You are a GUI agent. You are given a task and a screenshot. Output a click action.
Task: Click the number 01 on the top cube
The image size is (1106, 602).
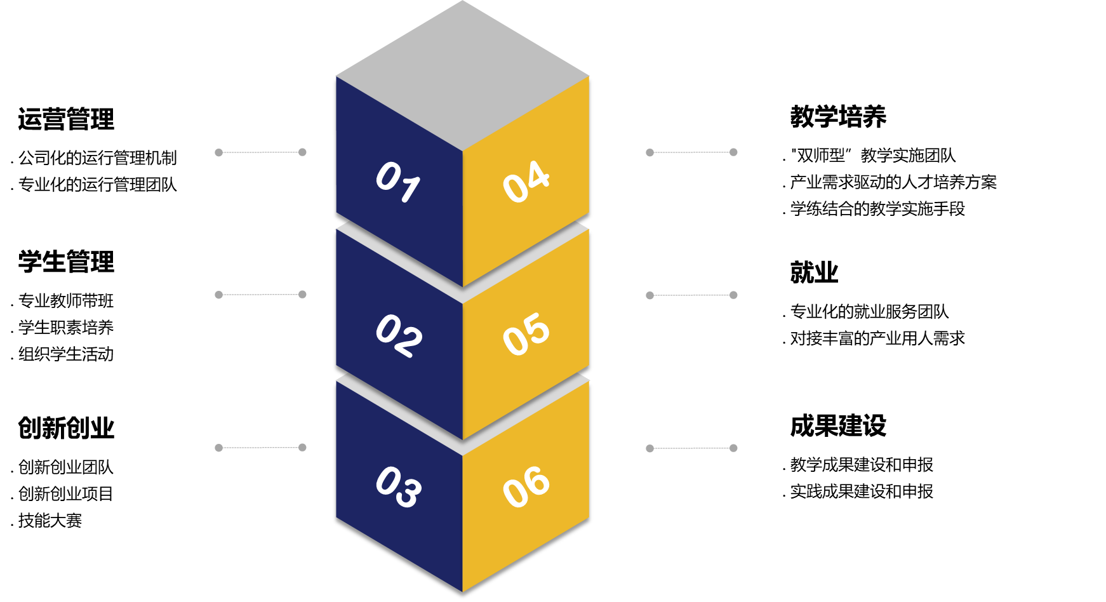pos(397,182)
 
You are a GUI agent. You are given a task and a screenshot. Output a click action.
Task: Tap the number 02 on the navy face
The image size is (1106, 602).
pos(398,336)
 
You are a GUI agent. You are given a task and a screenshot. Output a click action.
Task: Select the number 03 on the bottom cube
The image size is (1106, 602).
pos(398,487)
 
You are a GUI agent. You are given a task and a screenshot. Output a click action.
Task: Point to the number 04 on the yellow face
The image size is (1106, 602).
pos(526,182)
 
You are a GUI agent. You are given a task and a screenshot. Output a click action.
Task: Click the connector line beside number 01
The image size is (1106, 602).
pos(260,152)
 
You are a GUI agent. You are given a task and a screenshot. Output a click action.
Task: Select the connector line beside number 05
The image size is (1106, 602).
pos(691,295)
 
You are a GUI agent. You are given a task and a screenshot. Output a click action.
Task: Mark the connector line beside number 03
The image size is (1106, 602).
pos(260,448)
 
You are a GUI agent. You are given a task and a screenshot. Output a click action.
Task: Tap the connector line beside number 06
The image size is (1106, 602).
pos(691,448)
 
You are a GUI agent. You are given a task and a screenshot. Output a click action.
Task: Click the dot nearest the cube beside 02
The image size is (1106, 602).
pos(302,295)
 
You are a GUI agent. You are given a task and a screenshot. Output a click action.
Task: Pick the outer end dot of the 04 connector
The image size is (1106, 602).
pos(733,152)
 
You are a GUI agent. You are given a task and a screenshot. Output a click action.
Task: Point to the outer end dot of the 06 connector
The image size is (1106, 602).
pos(733,448)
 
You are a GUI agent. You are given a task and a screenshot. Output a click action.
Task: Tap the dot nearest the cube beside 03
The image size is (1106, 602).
pos(302,448)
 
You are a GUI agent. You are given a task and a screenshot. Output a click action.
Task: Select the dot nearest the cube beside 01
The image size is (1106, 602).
pos(302,152)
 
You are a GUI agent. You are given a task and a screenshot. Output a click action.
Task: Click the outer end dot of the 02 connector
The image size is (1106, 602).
pos(218,295)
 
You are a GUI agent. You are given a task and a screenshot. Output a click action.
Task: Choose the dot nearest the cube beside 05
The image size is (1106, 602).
pos(650,295)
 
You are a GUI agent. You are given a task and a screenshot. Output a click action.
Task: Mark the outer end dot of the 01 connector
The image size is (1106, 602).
pos(218,152)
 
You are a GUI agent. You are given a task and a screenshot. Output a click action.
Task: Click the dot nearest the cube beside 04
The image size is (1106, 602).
pos(650,152)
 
